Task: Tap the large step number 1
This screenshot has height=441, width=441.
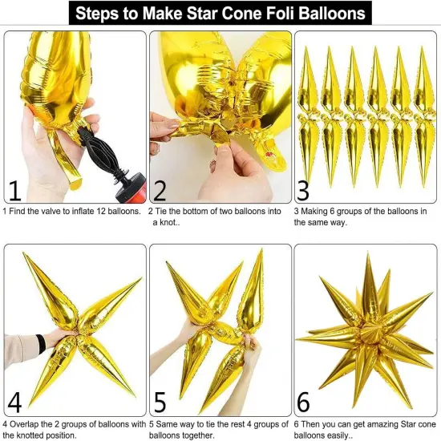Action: click(14, 190)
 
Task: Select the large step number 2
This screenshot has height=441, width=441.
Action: click(160, 190)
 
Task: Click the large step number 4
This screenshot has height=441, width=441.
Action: click(14, 399)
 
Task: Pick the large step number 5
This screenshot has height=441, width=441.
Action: click(160, 399)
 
